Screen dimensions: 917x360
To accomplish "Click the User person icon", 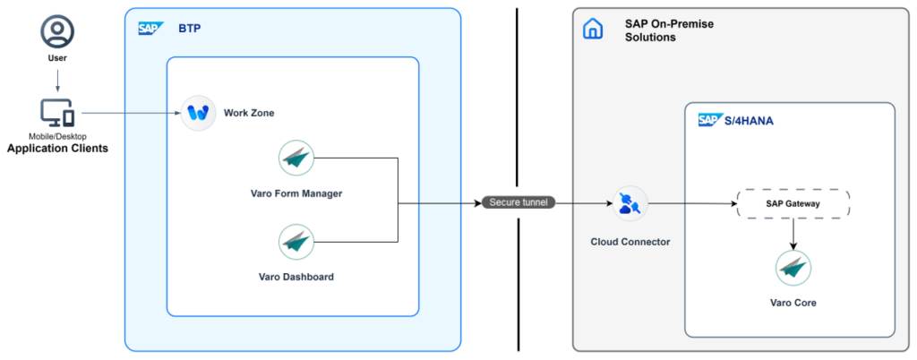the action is click(57, 31).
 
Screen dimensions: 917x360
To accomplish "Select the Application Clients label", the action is click(57, 149).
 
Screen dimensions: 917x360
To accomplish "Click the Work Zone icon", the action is click(198, 113).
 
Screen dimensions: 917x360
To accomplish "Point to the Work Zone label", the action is click(249, 113).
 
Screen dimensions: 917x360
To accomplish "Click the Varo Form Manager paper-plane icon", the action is click(296, 158).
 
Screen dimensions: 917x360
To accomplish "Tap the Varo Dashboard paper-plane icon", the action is click(296, 242).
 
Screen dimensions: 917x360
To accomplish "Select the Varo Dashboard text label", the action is click(296, 277).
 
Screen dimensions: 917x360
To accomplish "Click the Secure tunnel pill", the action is click(518, 202).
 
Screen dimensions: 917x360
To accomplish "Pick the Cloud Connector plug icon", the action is click(630, 204).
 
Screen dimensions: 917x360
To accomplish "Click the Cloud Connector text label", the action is click(630, 242).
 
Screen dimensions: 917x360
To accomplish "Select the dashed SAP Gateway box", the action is click(793, 204).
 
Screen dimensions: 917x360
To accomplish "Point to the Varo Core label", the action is click(793, 303).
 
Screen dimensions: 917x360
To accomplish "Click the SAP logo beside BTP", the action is click(150, 28).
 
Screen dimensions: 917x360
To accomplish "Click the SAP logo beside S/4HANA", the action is click(711, 120).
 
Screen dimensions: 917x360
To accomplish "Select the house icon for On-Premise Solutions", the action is click(593, 29).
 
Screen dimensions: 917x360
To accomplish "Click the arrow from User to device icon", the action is click(57, 80).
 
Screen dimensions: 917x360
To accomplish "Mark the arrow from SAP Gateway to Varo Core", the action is click(793, 233).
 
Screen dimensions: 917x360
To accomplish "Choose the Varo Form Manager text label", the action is click(296, 193).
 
